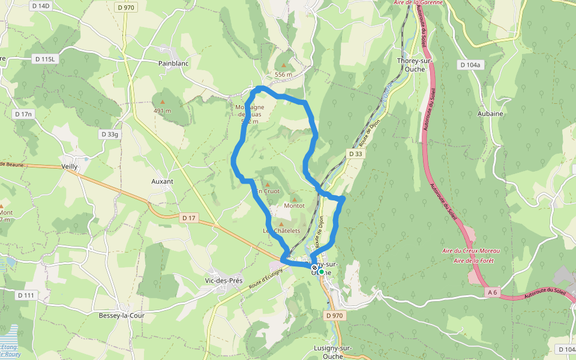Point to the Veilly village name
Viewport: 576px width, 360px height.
(70, 167)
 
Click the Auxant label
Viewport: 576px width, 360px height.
(162, 181)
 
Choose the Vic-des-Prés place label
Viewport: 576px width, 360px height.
(223, 280)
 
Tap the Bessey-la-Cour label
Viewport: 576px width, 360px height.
(122, 315)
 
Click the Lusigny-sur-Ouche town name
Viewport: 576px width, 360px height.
(332, 352)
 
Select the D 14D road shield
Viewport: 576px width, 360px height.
(41, 5)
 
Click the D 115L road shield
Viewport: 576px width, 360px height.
(45, 59)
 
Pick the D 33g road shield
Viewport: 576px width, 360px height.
(110, 134)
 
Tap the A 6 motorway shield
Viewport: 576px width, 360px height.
(493, 292)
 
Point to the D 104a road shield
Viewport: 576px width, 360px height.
(470, 64)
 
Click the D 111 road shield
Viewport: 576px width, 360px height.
(26, 295)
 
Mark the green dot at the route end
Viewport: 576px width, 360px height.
(322, 272)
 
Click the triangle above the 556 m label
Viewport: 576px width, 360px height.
(283, 65)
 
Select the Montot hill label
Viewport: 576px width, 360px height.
(294, 206)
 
